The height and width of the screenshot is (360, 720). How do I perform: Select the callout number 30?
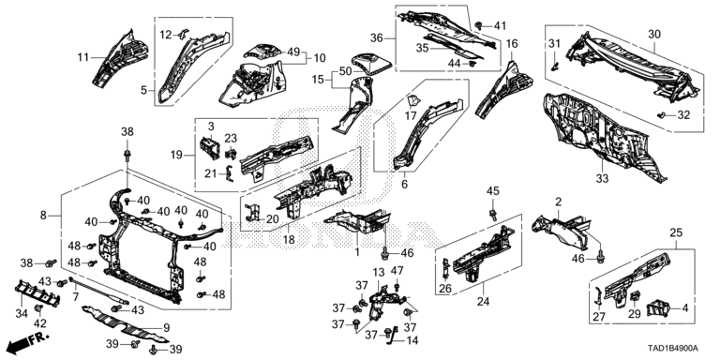click(x=653, y=34)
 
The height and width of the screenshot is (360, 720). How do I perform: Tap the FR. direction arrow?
click(x=28, y=341)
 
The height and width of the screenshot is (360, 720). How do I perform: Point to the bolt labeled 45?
click(x=493, y=214)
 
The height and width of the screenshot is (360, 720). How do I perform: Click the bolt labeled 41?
click(x=478, y=25)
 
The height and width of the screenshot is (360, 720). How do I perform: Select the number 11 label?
click(x=83, y=57)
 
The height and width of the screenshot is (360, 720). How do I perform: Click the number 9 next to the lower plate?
click(x=167, y=327)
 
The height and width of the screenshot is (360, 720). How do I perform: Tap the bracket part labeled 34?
click(x=38, y=292)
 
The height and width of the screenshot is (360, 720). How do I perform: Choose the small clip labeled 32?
click(x=661, y=114)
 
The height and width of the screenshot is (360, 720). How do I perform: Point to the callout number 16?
click(x=512, y=44)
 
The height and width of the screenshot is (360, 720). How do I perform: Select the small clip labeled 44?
click(x=472, y=64)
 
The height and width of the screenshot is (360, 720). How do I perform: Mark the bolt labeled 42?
click(x=38, y=307)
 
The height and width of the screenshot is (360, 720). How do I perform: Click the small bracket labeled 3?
click(x=210, y=148)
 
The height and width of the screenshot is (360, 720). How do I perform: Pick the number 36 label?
click(x=376, y=38)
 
